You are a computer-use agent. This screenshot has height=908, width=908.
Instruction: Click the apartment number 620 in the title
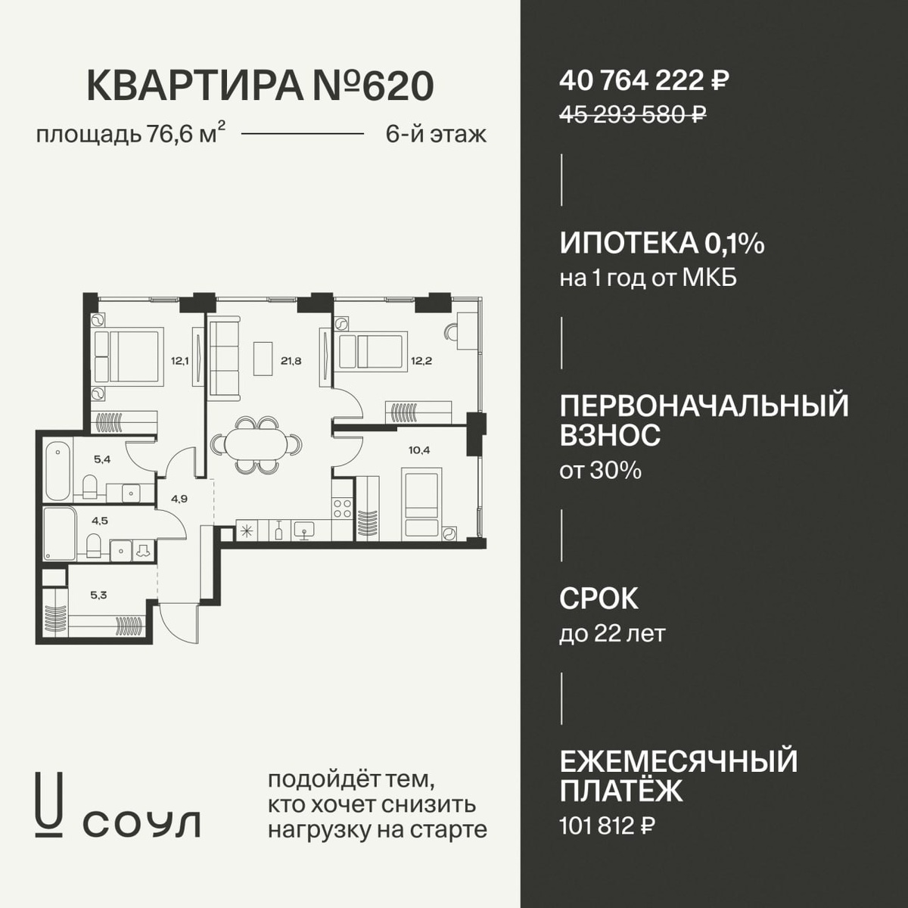(x=397, y=86)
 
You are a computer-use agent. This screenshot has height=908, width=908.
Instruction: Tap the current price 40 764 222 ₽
(x=644, y=81)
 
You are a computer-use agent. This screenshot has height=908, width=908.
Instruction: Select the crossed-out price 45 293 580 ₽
(x=633, y=114)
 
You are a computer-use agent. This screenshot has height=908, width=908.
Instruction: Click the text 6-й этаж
(x=436, y=135)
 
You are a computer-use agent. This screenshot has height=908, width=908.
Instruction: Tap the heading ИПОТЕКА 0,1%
(x=662, y=244)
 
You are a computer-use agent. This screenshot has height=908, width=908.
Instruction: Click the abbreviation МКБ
(x=710, y=279)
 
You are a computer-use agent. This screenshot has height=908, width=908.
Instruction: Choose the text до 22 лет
(x=613, y=634)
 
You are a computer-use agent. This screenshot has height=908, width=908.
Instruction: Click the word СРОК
(x=599, y=599)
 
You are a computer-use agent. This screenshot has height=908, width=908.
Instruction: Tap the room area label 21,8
(x=291, y=362)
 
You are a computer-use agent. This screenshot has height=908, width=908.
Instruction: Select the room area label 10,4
(x=419, y=450)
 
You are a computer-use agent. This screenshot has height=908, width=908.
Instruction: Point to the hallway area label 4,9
(x=179, y=499)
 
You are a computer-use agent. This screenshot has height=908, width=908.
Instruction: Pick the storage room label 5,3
(x=98, y=595)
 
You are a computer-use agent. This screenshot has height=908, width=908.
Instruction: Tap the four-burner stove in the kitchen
(x=343, y=508)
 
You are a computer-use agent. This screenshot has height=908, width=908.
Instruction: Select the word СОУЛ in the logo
(x=141, y=824)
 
